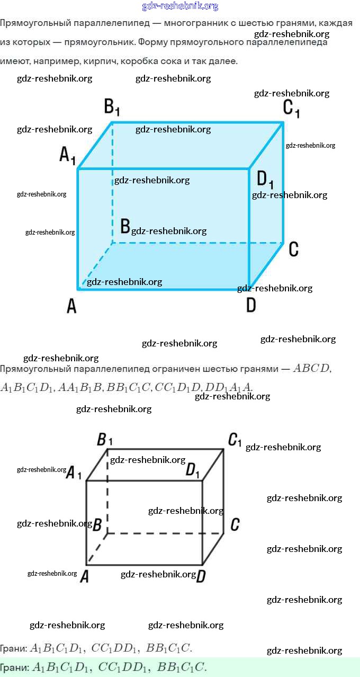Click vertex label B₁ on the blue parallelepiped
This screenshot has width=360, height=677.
click(x=112, y=108)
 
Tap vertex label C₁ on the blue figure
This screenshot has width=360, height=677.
click(x=291, y=108)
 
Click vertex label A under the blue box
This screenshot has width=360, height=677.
click(x=71, y=306)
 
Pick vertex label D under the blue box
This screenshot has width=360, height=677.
click(x=251, y=305)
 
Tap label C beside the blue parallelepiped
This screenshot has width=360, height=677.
click(x=294, y=248)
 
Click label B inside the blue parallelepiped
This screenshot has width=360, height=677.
click(x=125, y=226)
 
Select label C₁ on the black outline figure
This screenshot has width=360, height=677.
click(x=235, y=440)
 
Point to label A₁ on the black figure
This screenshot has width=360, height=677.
click(x=73, y=473)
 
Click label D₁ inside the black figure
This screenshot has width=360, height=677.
click(x=193, y=470)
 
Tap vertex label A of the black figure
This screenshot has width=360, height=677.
click(x=84, y=577)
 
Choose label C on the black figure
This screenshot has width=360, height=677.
click(x=235, y=524)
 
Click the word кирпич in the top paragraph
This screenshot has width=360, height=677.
click(x=101, y=61)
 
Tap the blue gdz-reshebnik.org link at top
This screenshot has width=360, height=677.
click(x=180, y=6)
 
